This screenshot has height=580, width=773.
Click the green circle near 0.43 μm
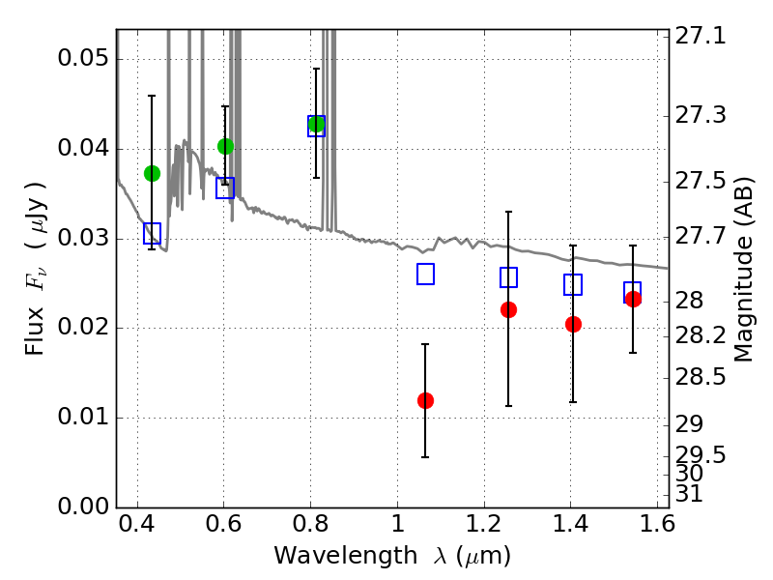click(x=152, y=174)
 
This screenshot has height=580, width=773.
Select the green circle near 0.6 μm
click(x=225, y=146)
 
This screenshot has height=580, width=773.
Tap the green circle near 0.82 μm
click(x=316, y=124)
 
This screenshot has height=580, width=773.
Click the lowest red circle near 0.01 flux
click(x=425, y=400)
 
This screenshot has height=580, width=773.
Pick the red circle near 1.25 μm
click(x=508, y=309)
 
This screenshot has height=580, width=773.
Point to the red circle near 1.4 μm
click(x=573, y=324)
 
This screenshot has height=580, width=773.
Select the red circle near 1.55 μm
click(x=633, y=299)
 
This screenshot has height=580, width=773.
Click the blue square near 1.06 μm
click(x=425, y=275)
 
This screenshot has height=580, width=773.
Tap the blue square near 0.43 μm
click(x=152, y=233)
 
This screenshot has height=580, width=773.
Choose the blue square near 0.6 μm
click(x=225, y=188)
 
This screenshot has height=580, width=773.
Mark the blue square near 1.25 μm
click(x=508, y=277)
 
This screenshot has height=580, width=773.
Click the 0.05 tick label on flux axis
click(x=83, y=58)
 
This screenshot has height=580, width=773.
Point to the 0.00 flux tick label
click(x=83, y=507)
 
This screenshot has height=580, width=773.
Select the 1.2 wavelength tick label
click(x=484, y=524)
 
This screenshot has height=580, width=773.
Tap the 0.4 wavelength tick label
click(x=137, y=524)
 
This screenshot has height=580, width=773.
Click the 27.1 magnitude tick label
click(x=700, y=36)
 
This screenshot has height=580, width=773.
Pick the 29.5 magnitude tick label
click(x=700, y=454)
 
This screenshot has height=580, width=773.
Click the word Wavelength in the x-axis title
click(x=346, y=556)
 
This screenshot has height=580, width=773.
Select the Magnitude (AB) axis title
click(x=743, y=270)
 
